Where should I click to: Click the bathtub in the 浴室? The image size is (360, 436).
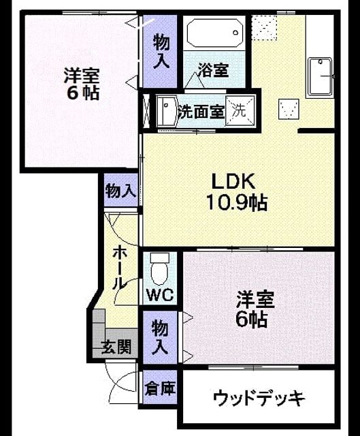215,33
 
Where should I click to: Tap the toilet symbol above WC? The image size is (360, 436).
159,269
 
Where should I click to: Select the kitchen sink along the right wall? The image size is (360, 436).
321,76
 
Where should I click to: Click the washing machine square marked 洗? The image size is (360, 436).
240,111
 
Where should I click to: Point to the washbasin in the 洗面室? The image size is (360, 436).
166,111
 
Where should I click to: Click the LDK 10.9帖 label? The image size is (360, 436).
236,192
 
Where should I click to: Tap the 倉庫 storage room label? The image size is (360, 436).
161,388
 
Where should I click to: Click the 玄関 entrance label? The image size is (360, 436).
116,347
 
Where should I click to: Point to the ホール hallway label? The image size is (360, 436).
120,268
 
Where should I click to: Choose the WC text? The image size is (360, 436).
161,295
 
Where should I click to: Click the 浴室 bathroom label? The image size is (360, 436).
213,70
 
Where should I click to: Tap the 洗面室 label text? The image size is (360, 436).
201,112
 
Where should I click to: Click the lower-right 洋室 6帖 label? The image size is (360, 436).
255,309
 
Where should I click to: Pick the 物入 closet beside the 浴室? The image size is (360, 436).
161,52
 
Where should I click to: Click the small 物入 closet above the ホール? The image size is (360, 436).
121,191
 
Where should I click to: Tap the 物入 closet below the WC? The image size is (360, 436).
160,337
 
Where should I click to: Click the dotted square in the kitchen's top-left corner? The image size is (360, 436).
264,28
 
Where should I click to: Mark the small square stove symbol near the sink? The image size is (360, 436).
289,109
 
